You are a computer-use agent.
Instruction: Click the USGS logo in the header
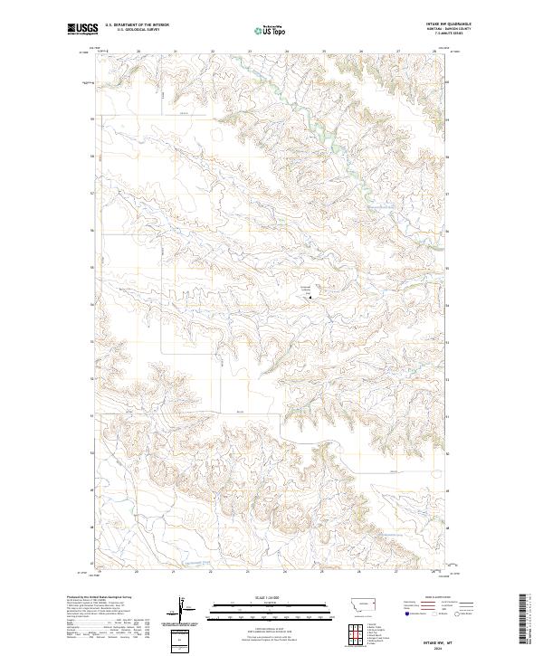[x=81, y=31]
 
